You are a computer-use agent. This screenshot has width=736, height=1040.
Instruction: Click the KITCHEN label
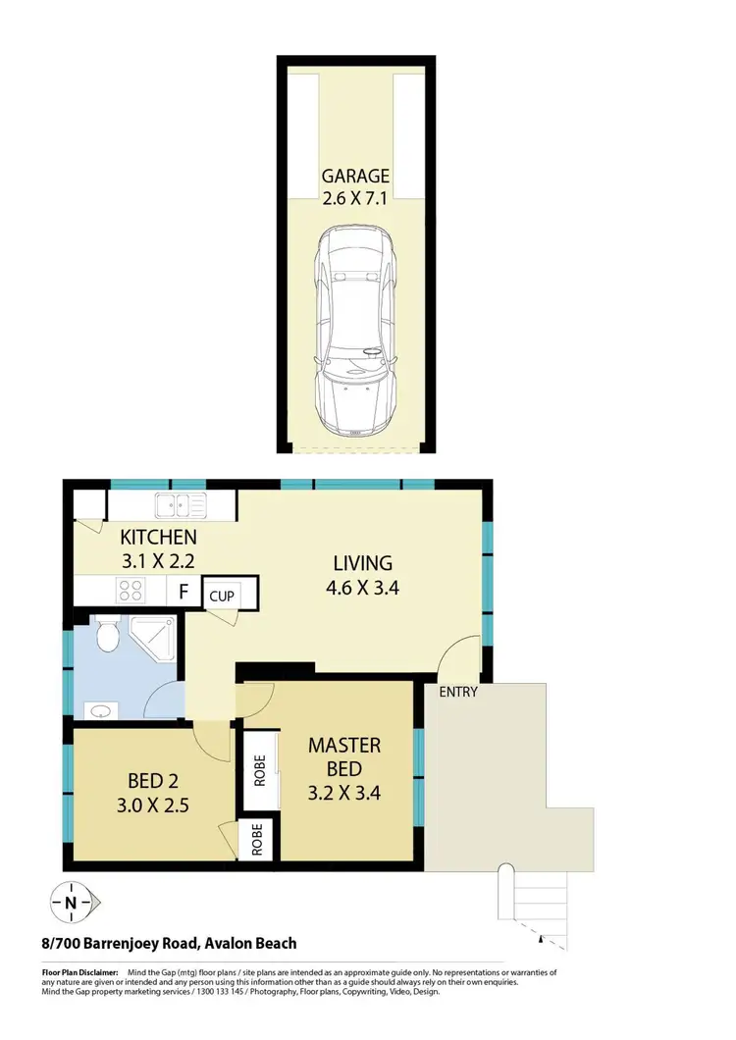pyautogui.click(x=158, y=538)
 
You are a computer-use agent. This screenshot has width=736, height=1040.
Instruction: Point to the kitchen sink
pyautogui.click(x=179, y=506)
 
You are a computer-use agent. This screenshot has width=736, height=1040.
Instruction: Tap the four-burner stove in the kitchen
pyautogui.click(x=131, y=591)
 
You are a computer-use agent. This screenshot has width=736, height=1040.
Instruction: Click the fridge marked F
pyautogui.click(x=182, y=592)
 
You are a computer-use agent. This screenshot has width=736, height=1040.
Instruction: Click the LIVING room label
pyautogui.click(x=362, y=563)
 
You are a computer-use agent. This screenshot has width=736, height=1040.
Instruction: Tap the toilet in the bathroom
pyautogui.click(x=109, y=636)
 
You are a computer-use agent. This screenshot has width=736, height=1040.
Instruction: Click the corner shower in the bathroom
pyautogui.click(x=155, y=637)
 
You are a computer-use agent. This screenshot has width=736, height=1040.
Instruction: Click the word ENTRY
pyautogui.click(x=458, y=692)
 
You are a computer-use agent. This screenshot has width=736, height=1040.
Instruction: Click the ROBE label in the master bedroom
pyautogui.click(x=260, y=771)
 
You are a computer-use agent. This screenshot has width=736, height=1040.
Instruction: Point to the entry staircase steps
pyautogui.click(x=535, y=903)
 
